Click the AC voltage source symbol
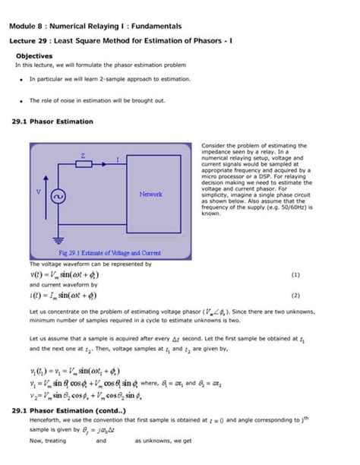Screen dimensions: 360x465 click(56, 195)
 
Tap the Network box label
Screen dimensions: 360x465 click(150, 195)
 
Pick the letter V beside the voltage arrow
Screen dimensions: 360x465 click(38, 191)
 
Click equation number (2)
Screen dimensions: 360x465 click(295, 296)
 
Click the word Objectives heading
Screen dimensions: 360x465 click(34, 56)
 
